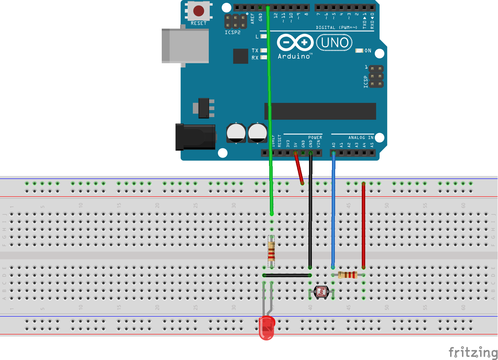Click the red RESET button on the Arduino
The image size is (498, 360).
(x=199, y=11)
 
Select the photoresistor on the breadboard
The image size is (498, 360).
(x=321, y=292)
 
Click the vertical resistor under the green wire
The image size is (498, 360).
(x=272, y=251)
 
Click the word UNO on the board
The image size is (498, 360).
(x=335, y=43)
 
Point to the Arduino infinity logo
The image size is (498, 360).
(x=295, y=43)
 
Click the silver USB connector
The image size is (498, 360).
(x=185, y=45)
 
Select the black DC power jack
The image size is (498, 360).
(x=195, y=137)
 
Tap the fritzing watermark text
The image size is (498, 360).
(x=473, y=352)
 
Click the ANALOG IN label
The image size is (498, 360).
(x=361, y=138)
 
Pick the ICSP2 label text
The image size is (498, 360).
(x=233, y=33)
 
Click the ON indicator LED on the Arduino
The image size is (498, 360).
(x=359, y=50)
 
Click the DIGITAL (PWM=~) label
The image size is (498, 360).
(x=336, y=28)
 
